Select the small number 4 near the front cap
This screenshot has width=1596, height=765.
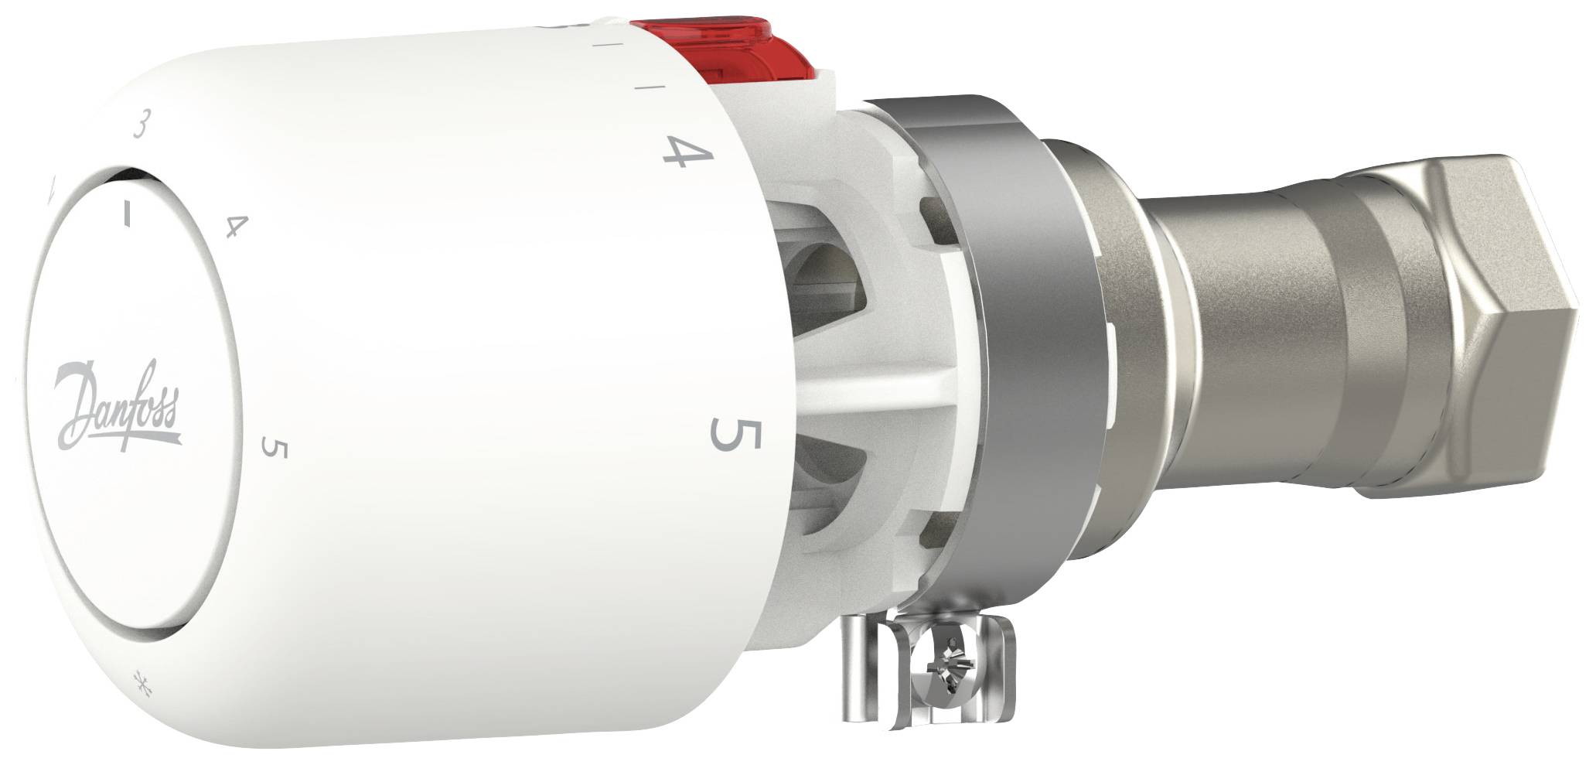click(x=236, y=227)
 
